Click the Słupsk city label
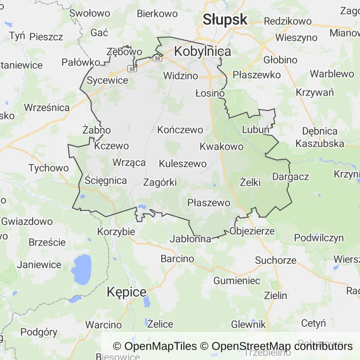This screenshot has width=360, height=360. [x=225, y=19]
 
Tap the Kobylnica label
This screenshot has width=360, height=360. [x=202, y=52]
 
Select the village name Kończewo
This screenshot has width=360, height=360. [x=180, y=130]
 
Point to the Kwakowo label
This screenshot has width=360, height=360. [x=221, y=147]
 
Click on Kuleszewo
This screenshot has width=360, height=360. [x=183, y=164]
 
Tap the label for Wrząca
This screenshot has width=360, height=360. [x=129, y=163]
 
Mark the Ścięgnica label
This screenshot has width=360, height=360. [x=106, y=180]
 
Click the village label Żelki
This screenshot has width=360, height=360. [x=250, y=182]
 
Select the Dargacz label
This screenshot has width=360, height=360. [x=291, y=177]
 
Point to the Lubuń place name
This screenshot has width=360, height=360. [x=255, y=130]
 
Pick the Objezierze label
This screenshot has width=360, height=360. [x=252, y=232]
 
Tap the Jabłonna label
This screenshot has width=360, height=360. [x=191, y=239]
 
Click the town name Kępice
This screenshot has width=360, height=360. [x=127, y=292]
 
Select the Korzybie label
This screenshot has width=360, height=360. [x=116, y=232]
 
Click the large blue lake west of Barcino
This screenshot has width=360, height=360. [x=82, y=270]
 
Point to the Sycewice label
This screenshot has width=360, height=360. [x=107, y=80]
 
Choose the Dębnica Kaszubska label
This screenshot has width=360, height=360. [x=320, y=137]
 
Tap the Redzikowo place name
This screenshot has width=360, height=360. [x=288, y=21]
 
